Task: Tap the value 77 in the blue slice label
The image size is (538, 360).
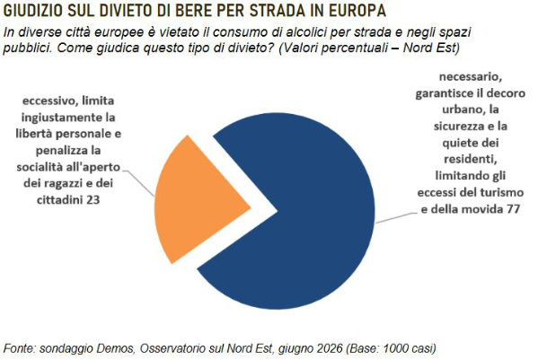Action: (x=513, y=209)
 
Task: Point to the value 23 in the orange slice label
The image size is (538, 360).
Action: (x=93, y=199)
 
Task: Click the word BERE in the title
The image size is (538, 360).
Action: (x=190, y=11)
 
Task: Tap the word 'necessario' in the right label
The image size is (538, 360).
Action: (x=471, y=76)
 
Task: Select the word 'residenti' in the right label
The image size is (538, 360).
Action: (x=471, y=160)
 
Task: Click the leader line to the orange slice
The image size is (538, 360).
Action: (x=138, y=181)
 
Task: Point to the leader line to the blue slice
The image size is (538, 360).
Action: (x=394, y=218)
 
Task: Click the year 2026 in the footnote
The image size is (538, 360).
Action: (x=329, y=348)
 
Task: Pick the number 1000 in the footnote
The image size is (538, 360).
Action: (x=396, y=348)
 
